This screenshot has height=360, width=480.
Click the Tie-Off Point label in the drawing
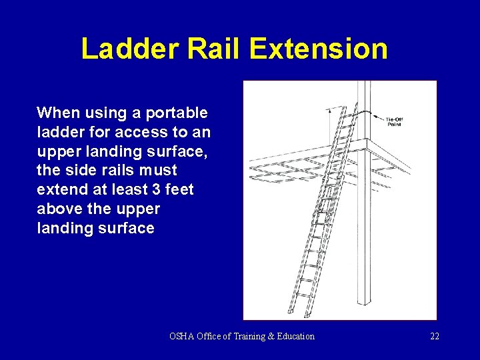click(395, 121)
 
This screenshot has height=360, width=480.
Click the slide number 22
click(434, 336)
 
